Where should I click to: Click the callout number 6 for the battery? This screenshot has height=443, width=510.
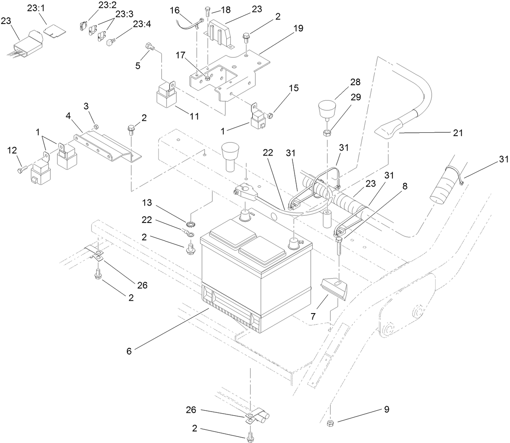tap(129, 351)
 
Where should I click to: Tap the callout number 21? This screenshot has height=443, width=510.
tap(457, 133)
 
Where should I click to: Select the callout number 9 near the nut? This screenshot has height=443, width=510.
tap(386, 409)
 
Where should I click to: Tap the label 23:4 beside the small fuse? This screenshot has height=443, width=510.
tap(142, 24)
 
